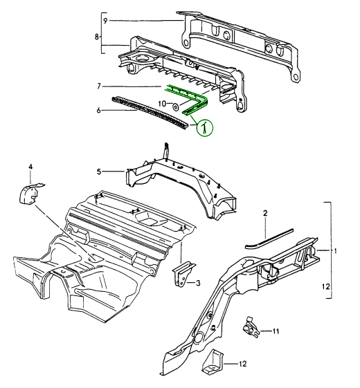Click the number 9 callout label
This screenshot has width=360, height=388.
click(105, 21)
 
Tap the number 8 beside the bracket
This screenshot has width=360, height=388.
click(97, 37)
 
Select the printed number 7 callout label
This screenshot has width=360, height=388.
click(99, 86)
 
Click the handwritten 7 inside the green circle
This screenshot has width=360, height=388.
click(204, 129)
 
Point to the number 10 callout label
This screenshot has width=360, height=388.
click(162, 104)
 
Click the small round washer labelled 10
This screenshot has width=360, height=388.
click(176, 107)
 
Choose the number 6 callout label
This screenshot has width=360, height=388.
click(99, 110)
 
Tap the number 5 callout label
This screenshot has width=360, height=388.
click(99, 172)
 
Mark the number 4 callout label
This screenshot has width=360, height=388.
click(30, 167)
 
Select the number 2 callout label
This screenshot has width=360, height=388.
click(265, 213)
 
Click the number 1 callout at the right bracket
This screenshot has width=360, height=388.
click(335, 251)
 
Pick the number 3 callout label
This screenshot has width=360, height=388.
click(198, 283)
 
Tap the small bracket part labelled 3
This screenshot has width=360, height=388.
click(183, 274)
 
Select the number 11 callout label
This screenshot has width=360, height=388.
click(276, 331)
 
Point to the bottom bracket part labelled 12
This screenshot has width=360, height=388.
click(213, 361)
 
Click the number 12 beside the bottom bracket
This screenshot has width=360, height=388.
click(243, 364)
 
